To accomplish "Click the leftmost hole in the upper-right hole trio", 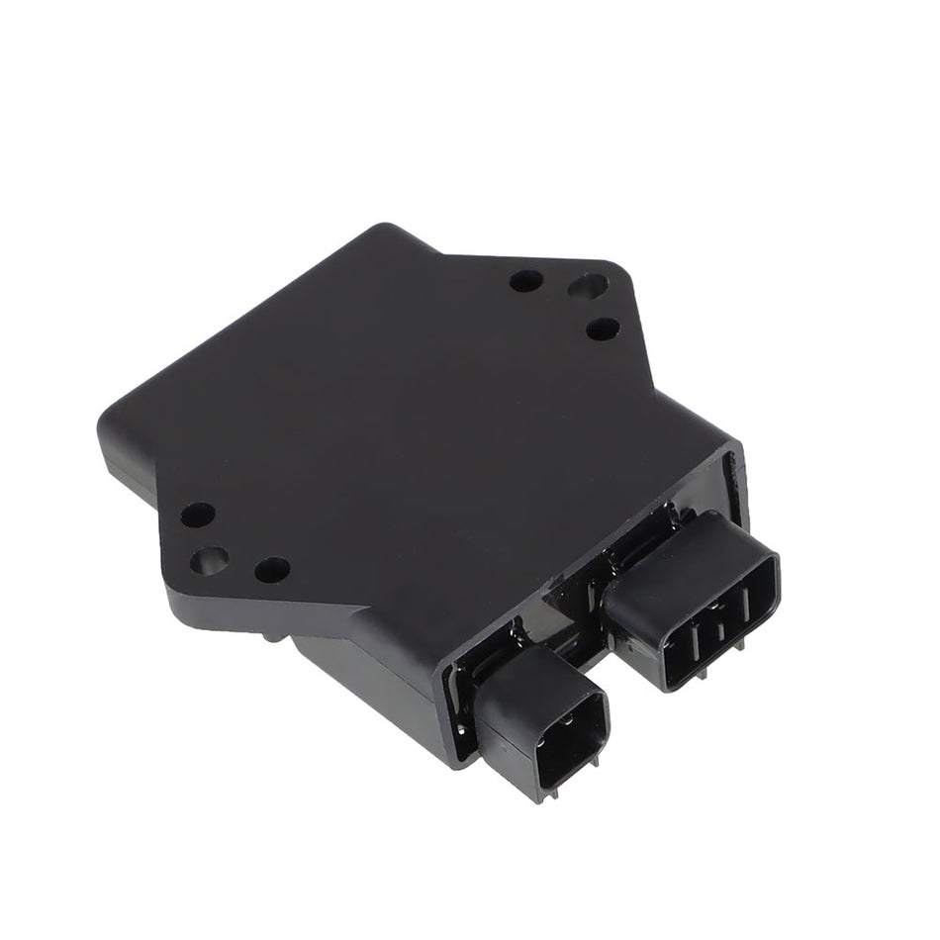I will tap(525, 280).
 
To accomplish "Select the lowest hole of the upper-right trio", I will tap(603, 328).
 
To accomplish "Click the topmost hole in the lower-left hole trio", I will tap(198, 515).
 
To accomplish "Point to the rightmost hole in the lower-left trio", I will tap(272, 569).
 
